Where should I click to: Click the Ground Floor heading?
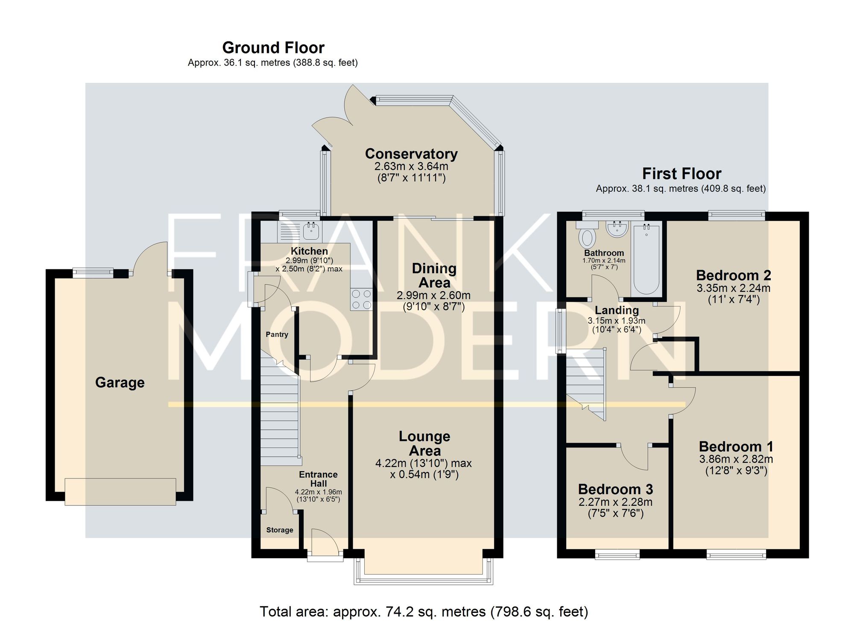pos(273,47)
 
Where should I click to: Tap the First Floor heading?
pos(681,174)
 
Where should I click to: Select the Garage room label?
pos(120,382)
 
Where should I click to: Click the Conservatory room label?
pos(411,154)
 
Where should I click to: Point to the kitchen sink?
pos(311,231)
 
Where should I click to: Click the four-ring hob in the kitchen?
pos(361,299)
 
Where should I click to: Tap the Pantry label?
pos(277,335)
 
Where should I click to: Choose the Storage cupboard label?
pos(280,530)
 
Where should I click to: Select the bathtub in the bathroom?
pos(646,260)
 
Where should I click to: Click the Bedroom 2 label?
pos(734,275)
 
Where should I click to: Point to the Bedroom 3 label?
pos(615,489)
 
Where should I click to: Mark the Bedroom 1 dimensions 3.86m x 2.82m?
pos(736,459)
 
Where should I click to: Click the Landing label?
pos(617,310)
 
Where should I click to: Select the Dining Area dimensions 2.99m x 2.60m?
pos(434,295)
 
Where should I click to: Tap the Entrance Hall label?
pos(318,479)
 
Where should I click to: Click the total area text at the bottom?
pos(424,612)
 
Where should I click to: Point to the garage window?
pos(93,272)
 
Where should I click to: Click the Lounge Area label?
pos(424,443)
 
